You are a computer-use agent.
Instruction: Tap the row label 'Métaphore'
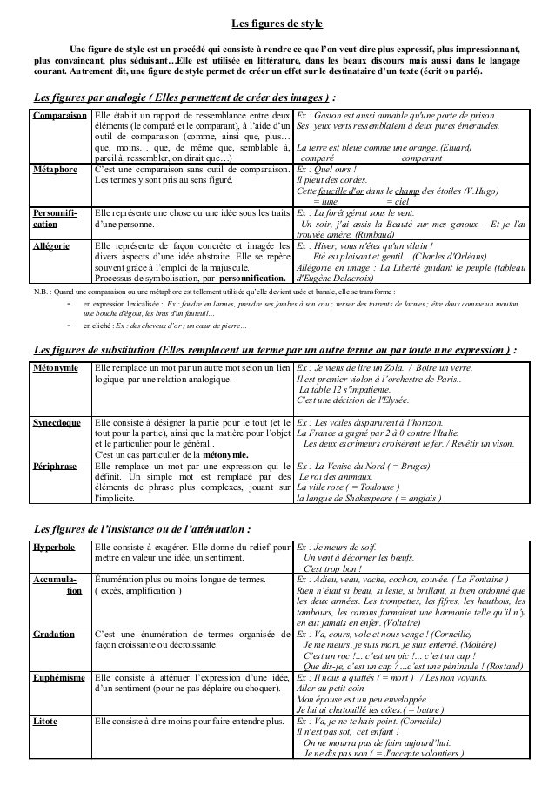[x=53, y=168]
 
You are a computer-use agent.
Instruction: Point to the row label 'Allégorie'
[x=51, y=246]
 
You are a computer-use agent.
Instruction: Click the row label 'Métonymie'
[x=54, y=369]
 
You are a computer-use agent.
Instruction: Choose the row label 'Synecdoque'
[x=57, y=422]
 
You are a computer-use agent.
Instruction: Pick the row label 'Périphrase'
[x=54, y=466]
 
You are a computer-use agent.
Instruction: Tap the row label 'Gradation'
[x=53, y=635]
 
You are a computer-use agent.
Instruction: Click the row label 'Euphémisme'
[x=58, y=676]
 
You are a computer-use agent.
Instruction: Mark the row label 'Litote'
[x=45, y=722]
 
